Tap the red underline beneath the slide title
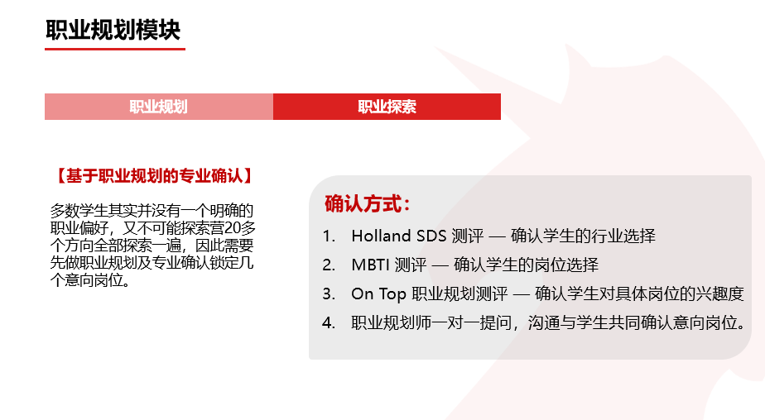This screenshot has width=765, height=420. point(114,49)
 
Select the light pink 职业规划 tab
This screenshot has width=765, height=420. point(158,107)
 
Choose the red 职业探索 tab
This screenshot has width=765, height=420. point(387,107)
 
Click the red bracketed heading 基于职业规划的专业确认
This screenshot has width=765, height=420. point(152,176)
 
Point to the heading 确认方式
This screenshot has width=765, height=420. point(367,204)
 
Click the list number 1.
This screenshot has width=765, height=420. point(329,236)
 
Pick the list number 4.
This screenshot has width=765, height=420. point(329,322)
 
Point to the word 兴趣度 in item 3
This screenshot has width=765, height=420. point(720,294)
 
